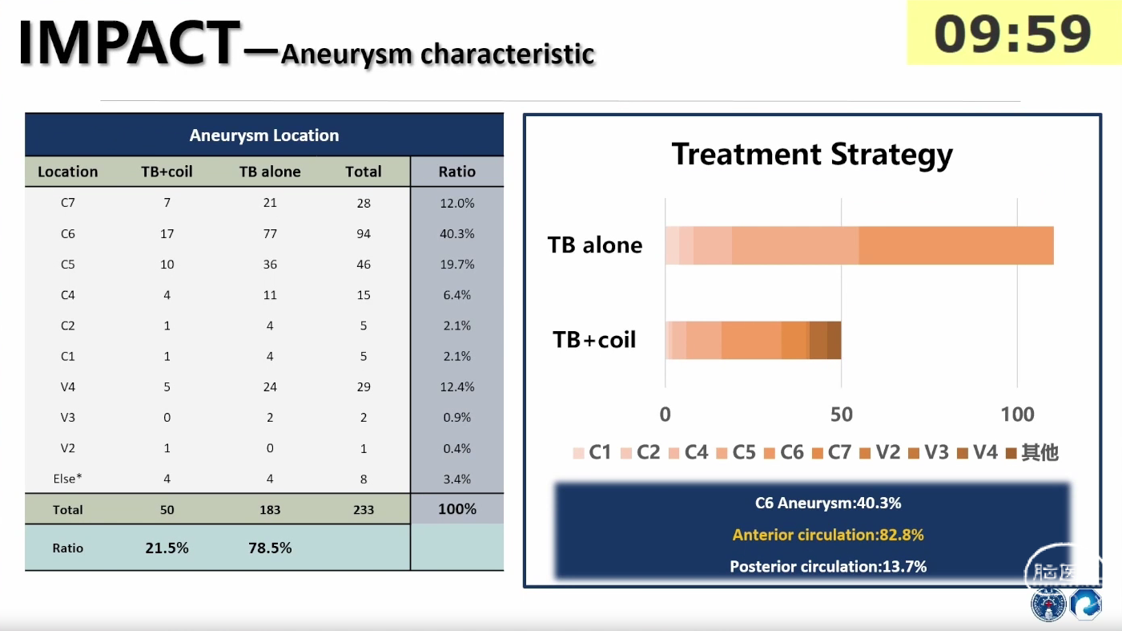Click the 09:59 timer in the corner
point(1012,34)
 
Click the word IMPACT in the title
point(129,42)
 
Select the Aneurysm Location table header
point(264,136)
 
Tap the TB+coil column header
point(167,172)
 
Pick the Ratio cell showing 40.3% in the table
point(456,234)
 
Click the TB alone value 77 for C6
point(270,234)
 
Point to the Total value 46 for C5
point(364,265)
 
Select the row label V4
point(67,386)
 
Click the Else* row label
point(67,479)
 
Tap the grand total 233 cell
point(364,510)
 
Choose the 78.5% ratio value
point(270,548)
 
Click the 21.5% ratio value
point(167,548)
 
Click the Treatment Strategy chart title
point(812,155)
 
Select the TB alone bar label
point(594,245)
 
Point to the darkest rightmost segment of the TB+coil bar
point(834,340)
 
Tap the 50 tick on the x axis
point(842,415)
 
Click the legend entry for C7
point(831,453)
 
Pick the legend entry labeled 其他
point(1032,453)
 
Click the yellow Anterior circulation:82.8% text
point(828,535)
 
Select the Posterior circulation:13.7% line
point(828,566)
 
